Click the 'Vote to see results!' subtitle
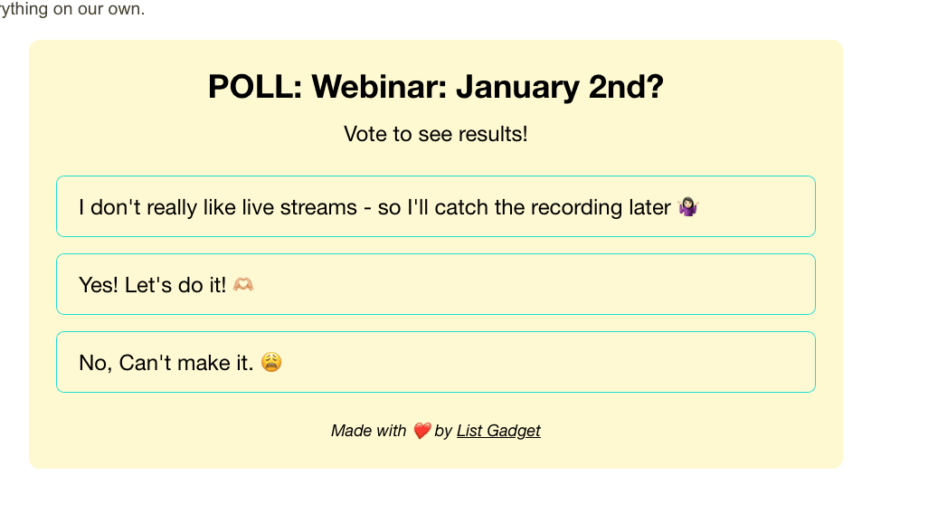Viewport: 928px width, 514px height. (435, 135)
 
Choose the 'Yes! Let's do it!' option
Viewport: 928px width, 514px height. (435, 284)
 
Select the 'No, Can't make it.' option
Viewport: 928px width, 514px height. (435, 362)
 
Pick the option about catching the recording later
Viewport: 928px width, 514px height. (435, 206)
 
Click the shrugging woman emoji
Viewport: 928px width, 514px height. (688, 207)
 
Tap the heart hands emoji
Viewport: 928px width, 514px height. (243, 285)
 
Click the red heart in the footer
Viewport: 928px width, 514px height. (421, 431)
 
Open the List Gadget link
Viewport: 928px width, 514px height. (498, 431)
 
